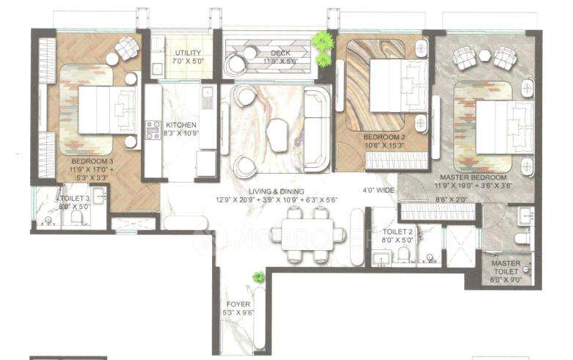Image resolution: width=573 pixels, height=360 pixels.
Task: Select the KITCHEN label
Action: coord(180,125)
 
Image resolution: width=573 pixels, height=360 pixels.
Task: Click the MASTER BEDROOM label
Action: coord(472,177)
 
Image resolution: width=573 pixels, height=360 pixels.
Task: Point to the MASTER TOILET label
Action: coord(506,264)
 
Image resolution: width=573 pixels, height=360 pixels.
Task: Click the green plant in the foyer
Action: coord(258,276)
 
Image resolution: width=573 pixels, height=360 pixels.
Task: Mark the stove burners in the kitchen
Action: coord(153,130)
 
